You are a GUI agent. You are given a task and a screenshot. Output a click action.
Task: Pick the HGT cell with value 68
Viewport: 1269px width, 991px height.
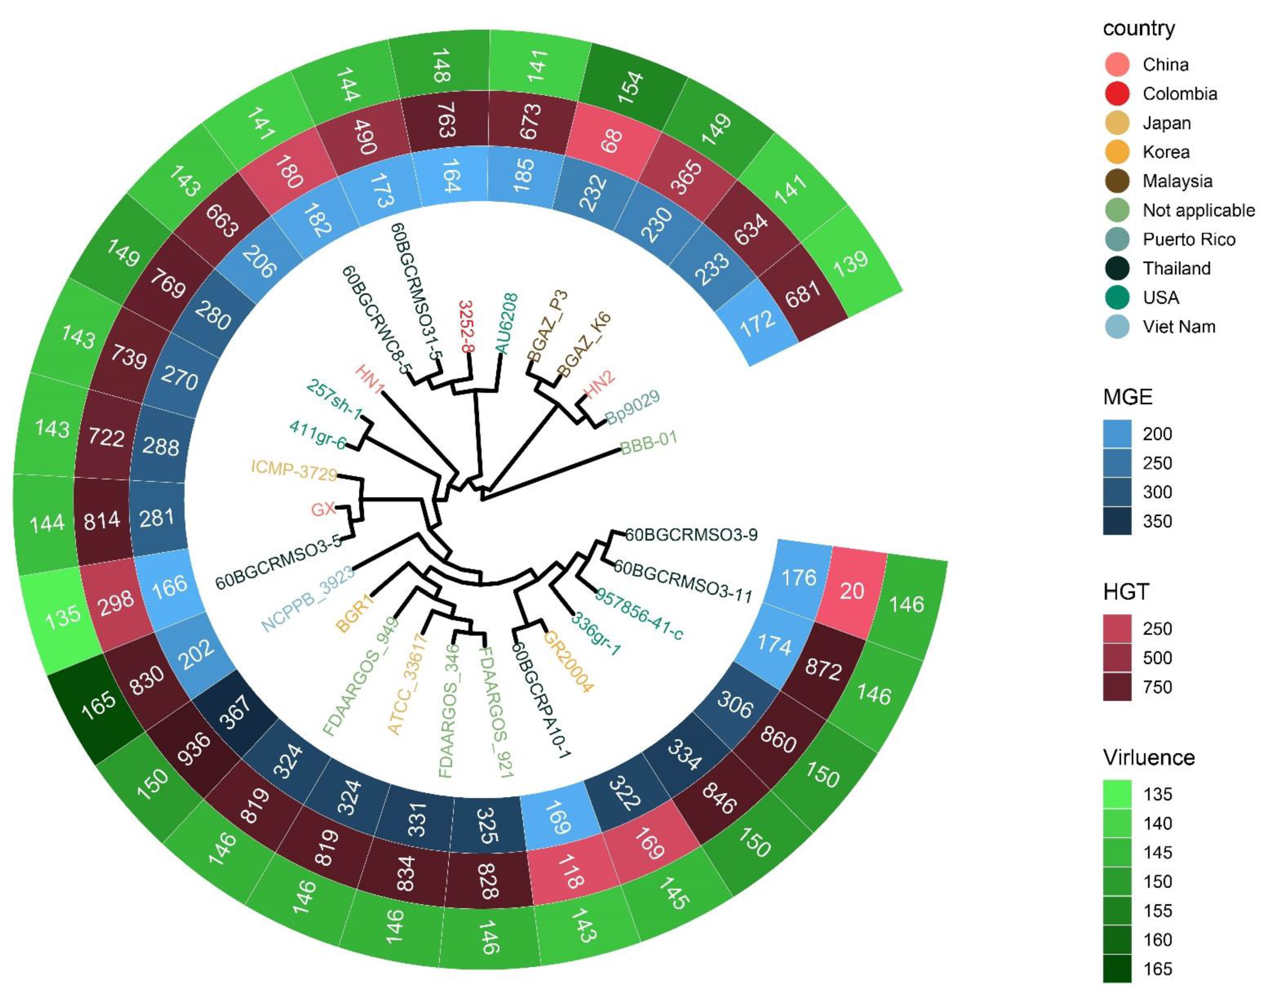[611, 140]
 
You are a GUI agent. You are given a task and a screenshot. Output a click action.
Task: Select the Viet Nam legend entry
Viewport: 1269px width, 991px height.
[1178, 327]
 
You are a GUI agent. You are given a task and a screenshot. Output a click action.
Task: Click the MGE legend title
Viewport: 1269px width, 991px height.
[1127, 397]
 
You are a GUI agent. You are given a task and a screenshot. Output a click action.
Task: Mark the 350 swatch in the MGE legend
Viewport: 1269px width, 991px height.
[1117, 521]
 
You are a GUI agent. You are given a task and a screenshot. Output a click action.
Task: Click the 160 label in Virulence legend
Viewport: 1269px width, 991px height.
[1157, 940]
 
